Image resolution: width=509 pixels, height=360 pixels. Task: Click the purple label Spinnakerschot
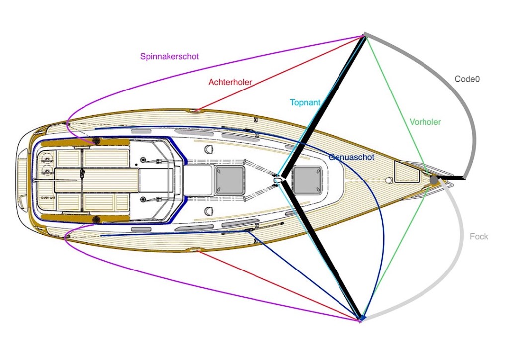[x=170, y=56]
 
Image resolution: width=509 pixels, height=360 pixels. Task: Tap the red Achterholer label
[x=230, y=82]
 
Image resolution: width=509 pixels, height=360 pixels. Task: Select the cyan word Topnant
[x=305, y=103]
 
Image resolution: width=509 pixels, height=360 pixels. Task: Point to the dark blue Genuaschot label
[x=351, y=157]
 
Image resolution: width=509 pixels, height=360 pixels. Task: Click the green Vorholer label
[x=425, y=122]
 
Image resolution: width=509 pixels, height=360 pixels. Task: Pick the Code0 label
[x=467, y=79]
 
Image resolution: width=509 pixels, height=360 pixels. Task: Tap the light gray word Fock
[x=479, y=237]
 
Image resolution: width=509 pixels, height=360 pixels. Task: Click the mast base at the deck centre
[x=279, y=178]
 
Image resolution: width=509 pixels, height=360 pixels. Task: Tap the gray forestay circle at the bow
[x=434, y=180]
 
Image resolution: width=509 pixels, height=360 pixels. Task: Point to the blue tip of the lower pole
[x=362, y=317]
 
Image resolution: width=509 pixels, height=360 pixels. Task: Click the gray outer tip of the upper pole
[x=365, y=35]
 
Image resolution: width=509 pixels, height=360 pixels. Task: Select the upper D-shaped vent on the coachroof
[x=209, y=148]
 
